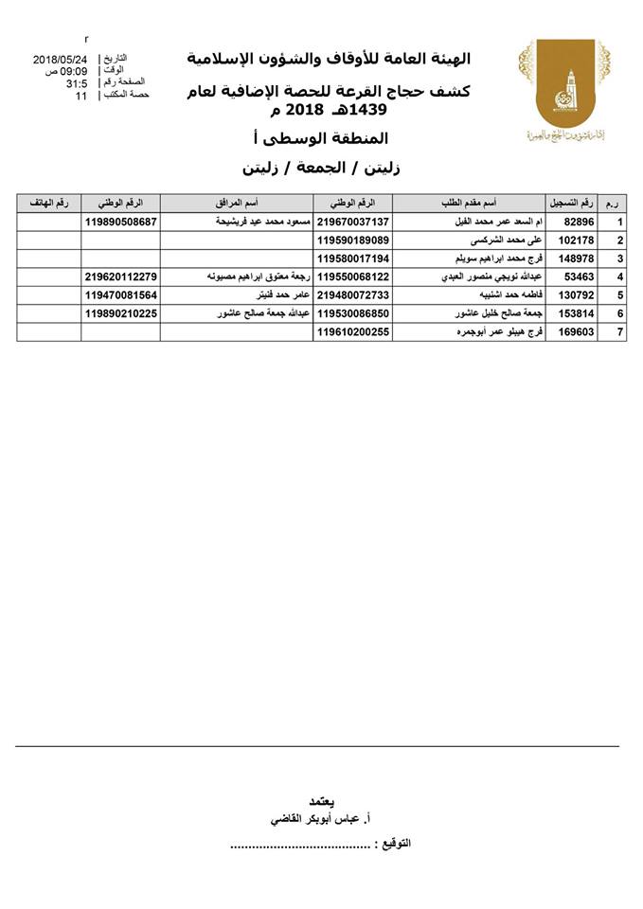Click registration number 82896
pos(577,222)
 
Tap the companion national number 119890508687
pos(120,222)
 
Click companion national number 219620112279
pos(120,276)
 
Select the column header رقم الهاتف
pos(48,204)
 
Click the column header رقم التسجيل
pos(572,204)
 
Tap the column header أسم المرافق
pos(237,204)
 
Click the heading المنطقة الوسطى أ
pos(363,139)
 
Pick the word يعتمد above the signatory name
pos(323,797)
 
